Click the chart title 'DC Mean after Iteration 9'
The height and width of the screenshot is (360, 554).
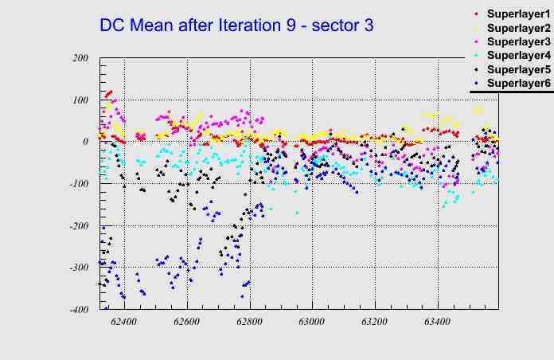(236, 25)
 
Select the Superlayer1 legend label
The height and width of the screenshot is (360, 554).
(518, 14)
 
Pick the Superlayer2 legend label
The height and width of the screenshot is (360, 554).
(518, 28)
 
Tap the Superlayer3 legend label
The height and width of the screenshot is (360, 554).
(518, 41)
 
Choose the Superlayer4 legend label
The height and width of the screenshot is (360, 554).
(518, 56)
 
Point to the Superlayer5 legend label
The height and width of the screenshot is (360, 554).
(518, 69)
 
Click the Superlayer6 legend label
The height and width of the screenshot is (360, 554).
(518, 83)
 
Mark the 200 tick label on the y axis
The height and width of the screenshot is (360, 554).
(80, 58)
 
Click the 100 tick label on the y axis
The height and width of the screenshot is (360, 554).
(80, 100)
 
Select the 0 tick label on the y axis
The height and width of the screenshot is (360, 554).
(85, 142)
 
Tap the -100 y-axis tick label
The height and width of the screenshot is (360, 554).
(78, 184)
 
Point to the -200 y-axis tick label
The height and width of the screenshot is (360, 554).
(78, 226)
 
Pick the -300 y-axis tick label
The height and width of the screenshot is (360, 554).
(78, 268)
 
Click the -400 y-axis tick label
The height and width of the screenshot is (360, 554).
(78, 310)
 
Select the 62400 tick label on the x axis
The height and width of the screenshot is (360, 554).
(124, 322)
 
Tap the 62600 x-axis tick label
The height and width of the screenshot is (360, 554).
(187, 322)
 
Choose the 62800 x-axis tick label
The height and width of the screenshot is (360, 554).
(250, 322)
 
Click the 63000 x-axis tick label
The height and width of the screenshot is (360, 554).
(312, 322)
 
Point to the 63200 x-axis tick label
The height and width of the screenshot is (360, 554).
(374, 322)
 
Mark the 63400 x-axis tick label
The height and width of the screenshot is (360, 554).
(437, 322)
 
